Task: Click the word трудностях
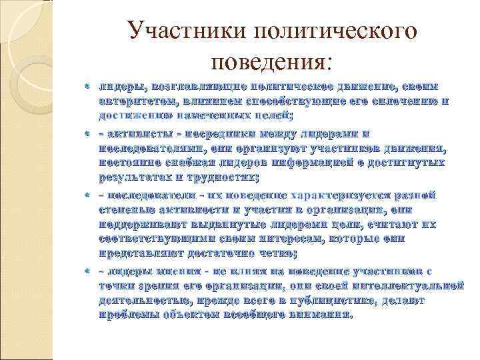(218, 177)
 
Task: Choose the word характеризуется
(337, 197)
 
